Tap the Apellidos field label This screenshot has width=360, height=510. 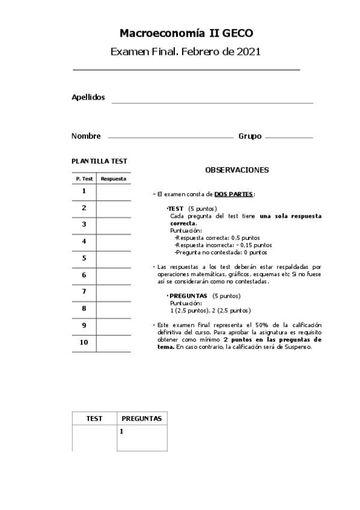(88, 97)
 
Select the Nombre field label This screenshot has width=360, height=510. (86, 137)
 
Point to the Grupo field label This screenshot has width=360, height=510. (249, 137)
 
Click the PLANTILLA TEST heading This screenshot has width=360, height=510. (99, 161)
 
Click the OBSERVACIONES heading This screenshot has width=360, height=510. (236, 170)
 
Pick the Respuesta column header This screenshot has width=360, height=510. (114, 179)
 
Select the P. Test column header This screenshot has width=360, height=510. (84, 179)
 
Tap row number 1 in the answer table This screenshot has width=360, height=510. (84, 191)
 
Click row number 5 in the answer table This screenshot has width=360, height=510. (84, 258)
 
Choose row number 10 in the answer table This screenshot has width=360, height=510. (84, 342)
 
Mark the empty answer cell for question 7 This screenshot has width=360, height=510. (114, 292)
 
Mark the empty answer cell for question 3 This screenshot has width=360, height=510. (114, 224)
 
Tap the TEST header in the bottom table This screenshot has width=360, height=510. (94, 419)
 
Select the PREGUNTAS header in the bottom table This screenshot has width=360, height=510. (142, 419)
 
